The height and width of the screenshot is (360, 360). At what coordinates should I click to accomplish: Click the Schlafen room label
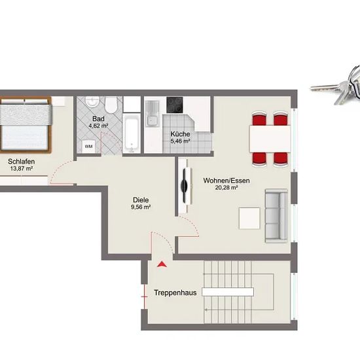point(22,162)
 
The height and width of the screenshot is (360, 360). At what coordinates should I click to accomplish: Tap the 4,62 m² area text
point(98,126)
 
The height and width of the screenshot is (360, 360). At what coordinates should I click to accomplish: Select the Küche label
point(180,134)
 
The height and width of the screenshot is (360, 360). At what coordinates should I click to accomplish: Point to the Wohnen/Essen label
point(226,181)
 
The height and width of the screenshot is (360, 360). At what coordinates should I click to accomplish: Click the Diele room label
point(141,200)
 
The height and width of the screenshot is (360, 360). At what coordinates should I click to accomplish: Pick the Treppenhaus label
point(175,293)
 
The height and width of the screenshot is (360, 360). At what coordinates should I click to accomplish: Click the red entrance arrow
point(162,264)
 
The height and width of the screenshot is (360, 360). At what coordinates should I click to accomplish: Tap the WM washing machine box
point(88,146)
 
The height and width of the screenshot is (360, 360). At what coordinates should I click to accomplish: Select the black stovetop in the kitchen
point(175,105)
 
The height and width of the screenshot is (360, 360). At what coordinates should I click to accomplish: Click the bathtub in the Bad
point(132,133)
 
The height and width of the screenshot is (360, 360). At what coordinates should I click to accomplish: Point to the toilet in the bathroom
point(111,105)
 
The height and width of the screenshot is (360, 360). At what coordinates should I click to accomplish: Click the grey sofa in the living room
point(276,216)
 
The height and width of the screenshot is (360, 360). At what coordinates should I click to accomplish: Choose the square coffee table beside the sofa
point(249,218)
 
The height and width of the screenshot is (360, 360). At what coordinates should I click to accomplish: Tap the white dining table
point(270,139)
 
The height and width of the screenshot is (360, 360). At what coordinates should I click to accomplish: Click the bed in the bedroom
point(26,124)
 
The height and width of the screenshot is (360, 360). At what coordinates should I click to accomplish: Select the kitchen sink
point(153,114)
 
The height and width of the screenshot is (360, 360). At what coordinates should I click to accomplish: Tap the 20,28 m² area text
point(226,188)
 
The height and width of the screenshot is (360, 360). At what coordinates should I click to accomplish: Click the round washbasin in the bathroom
point(92,101)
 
